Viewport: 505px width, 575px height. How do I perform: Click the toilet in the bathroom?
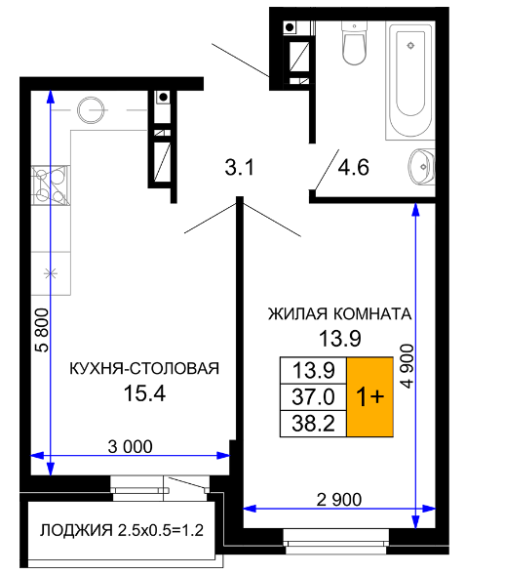[x=354, y=42]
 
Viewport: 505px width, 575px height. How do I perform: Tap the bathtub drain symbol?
[x=410, y=46]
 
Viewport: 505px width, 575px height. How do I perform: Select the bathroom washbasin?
[x=422, y=167]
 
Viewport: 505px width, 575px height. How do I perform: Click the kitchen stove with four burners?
[x=51, y=185]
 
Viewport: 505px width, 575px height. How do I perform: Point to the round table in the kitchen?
[x=92, y=110]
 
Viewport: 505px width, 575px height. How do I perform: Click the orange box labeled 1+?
[x=369, y=396]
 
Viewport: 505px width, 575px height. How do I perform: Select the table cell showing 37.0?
[x=313, y=396]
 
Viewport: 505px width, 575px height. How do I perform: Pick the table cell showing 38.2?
[x=313, y=424]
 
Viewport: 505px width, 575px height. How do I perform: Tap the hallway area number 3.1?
[x=240, y=167]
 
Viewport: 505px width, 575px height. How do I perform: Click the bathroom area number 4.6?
[x=353, y=167]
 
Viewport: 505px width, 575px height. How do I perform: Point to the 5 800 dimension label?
[x=43, y=330]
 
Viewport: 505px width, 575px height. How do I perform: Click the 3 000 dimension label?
[x=130, y=447]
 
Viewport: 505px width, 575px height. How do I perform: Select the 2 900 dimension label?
[x=338, y=500]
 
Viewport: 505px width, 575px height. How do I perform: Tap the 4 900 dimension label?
[x=407, y=366]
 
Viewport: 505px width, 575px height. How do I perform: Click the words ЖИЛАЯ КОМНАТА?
[x=340, y=314]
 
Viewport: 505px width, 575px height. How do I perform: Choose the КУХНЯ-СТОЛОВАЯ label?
[x=144, y=369]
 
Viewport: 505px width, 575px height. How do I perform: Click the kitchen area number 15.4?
[x=144, y=393]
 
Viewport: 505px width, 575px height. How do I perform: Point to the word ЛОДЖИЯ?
[x=76, y=531]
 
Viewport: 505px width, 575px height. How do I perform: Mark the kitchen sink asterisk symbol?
[x=51, y=273]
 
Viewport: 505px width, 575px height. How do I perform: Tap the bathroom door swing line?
[x=327, y=170]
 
